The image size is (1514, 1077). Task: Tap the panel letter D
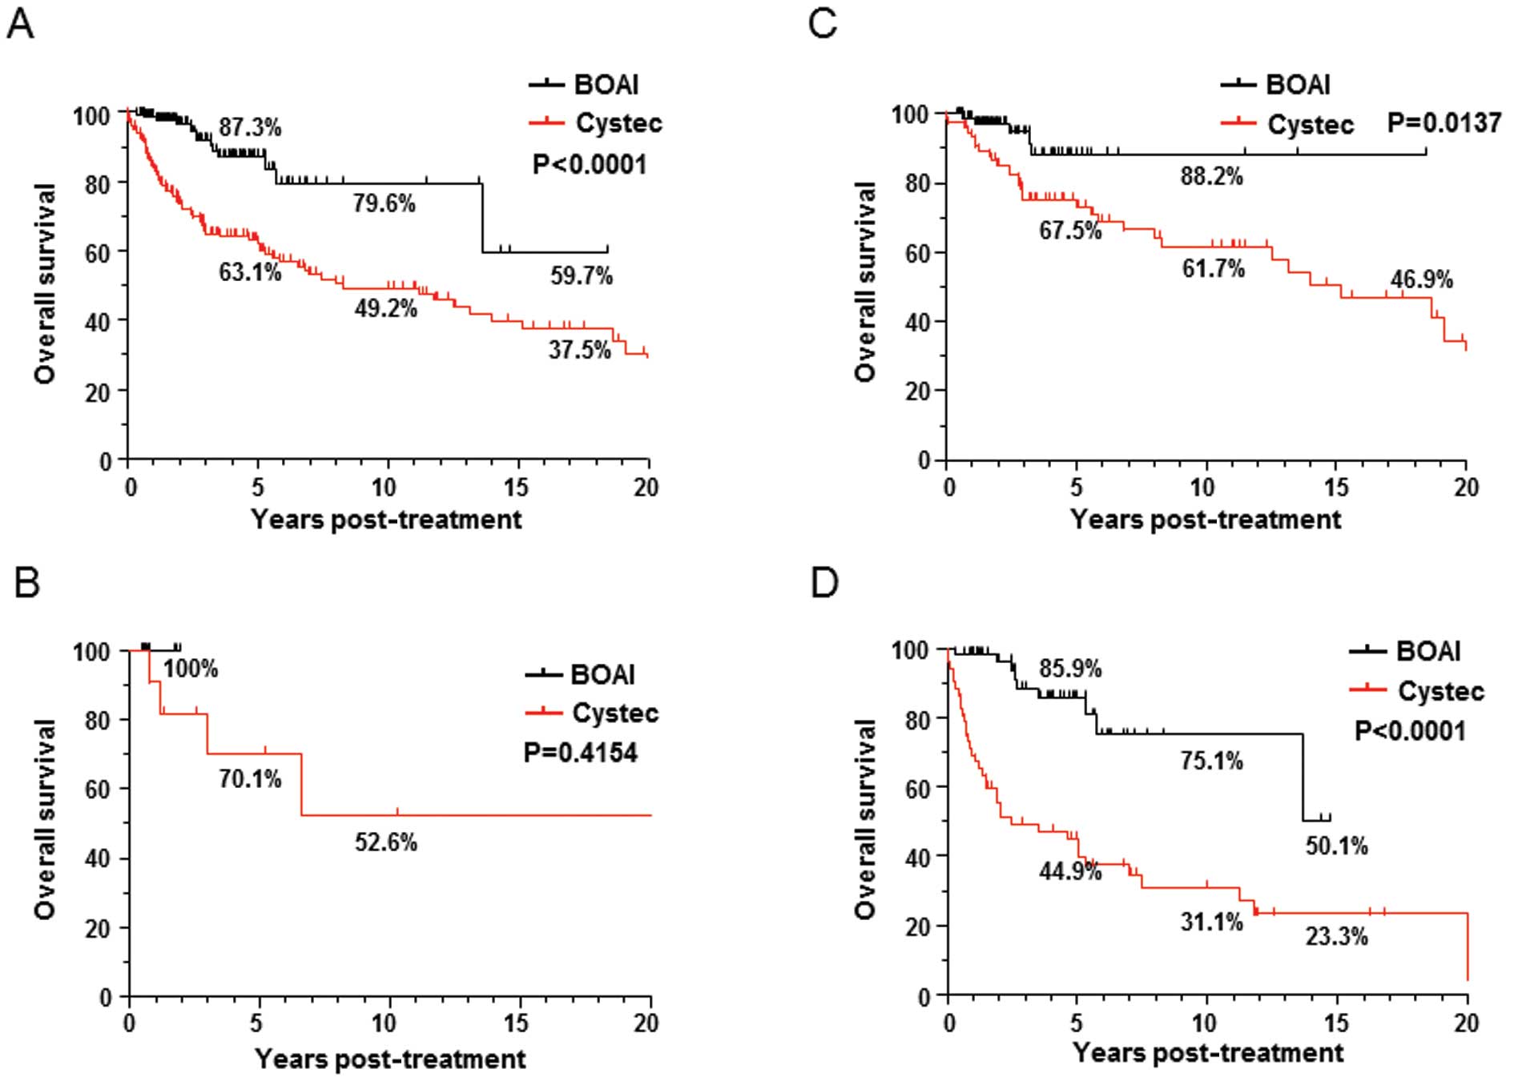824,582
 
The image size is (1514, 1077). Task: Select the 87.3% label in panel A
250,128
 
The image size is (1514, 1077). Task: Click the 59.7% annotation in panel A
581,276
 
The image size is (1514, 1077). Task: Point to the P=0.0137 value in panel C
1444,123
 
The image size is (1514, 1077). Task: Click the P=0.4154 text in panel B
581,753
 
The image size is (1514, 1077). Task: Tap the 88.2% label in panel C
1212,176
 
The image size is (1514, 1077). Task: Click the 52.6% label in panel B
386,842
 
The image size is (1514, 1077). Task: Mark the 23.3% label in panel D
1337,936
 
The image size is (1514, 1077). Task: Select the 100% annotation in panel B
191,669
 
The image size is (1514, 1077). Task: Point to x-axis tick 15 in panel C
1335,487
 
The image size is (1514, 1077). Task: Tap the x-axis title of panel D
1207,1052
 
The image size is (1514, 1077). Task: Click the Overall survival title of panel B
45,818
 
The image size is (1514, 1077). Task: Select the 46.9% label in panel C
1421,279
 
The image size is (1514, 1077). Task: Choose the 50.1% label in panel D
1337,846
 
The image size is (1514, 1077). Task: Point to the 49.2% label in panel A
386,308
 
